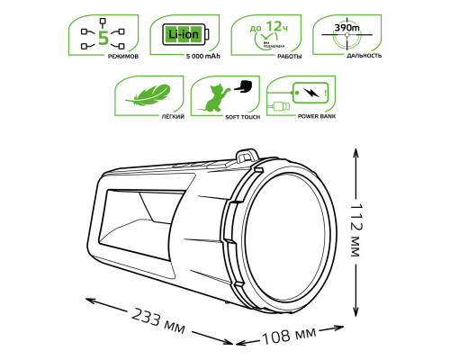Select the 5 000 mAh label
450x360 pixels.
coord(184,57)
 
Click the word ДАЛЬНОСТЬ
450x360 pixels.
coord(346,57)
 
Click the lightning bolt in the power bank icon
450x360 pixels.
coord(310,92)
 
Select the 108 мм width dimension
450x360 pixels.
coord(289,337)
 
